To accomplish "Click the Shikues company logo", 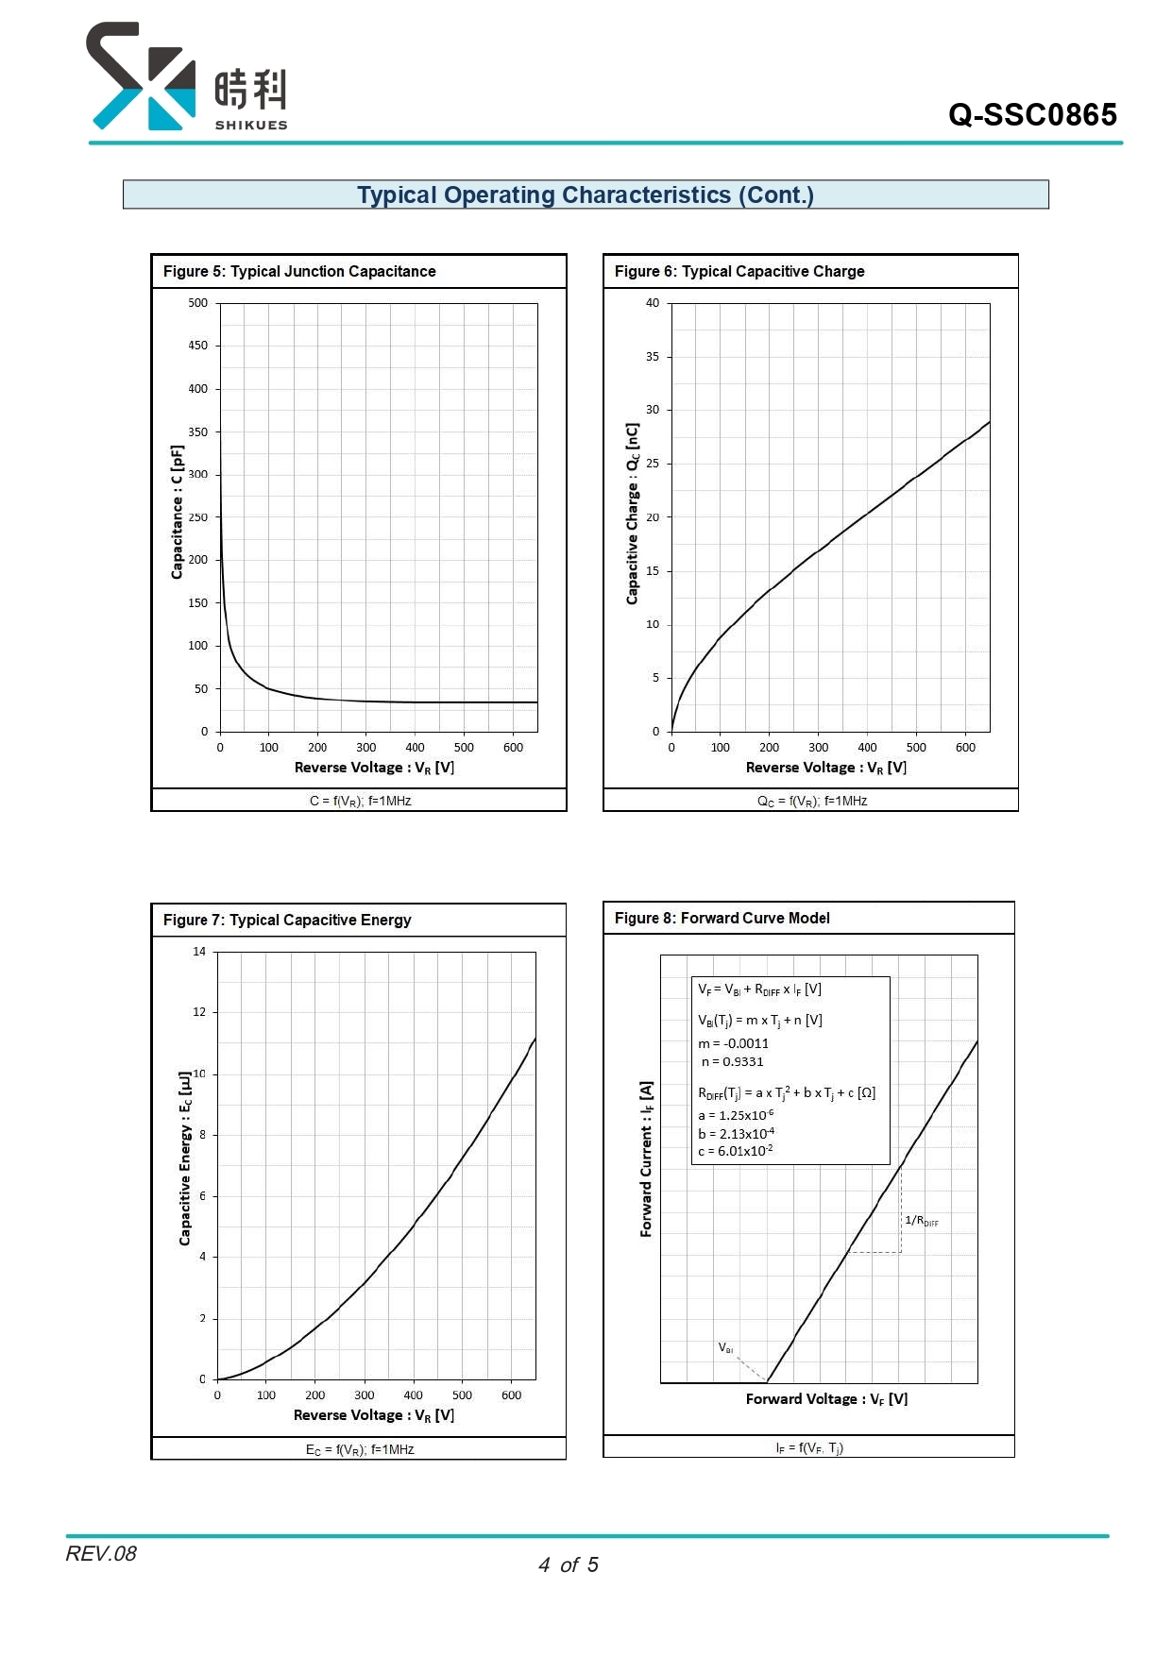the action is [187, 76].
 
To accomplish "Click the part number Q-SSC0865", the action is [1032, 115].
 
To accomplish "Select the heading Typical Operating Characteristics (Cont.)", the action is [586, 194].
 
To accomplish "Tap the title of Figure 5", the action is [299, 271].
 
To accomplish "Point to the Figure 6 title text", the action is [739, 271].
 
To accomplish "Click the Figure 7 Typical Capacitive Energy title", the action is [287, 920].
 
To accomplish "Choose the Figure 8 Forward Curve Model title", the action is [722, 918].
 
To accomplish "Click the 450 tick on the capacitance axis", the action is [197, 346].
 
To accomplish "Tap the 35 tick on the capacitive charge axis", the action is [653, 357].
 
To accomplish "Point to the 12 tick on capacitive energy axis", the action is [199, 1012].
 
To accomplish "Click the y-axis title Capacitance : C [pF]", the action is [177, 512].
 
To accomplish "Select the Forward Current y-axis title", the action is [646, 1158].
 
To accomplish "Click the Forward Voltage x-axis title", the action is [826, 1399].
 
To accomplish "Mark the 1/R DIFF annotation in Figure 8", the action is [922, 1221].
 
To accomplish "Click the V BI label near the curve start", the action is [725, 1347].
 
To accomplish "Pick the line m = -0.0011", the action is [733, 1043].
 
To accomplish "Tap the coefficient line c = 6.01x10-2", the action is [736, 1151].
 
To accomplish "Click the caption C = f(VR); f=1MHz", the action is [360, 801].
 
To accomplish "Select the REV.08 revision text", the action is [101, 1553].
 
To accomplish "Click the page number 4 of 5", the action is [569, 1564].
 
